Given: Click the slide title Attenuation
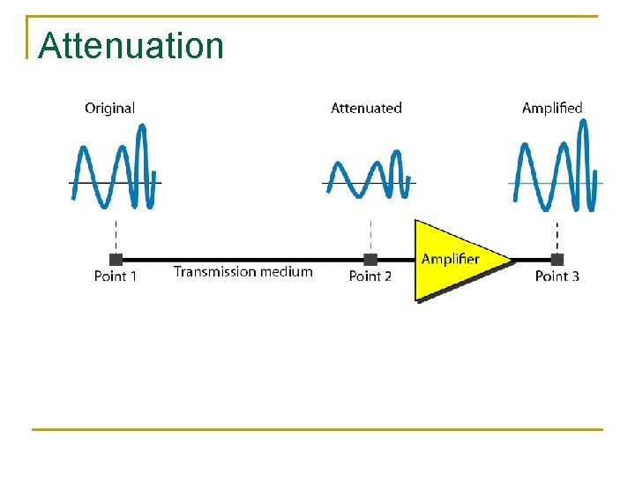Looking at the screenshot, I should tap(131, 46).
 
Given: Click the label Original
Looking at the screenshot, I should tap(109, 108).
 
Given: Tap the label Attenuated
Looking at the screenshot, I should tap(366, 108).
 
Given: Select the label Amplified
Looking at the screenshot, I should tap(552, 108).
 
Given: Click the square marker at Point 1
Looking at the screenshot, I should tap(116, 259).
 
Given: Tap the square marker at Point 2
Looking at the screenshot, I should tap(370, 259).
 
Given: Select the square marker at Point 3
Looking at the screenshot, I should tap(557, 259).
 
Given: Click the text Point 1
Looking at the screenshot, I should tap(116, 276).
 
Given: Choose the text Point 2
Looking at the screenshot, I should tap(370, 276).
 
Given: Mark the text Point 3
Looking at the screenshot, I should tap(557, 276).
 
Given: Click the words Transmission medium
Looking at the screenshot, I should tap(243, 272).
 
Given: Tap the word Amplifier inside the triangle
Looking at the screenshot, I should tap(450, 259).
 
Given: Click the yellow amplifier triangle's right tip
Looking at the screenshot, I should tap(510, 260).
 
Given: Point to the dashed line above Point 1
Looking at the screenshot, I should tap(116, 234).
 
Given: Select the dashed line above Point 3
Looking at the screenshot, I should tap(557, 234).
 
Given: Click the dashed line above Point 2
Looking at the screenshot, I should tap(370, 234).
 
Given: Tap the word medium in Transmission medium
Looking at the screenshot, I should tap(285, 272).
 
